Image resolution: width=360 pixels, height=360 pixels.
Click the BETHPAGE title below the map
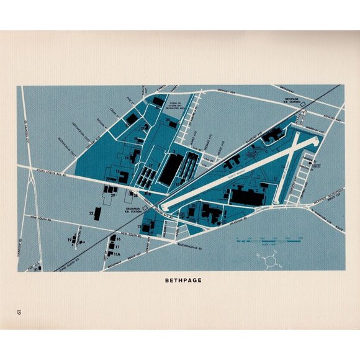pyautogui.click(x=183, y=280)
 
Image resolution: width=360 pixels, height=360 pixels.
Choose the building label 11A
pyautogui.click(x=117, y=254)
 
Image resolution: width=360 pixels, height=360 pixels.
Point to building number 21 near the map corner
pyautogui.click(x=37, y=269)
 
